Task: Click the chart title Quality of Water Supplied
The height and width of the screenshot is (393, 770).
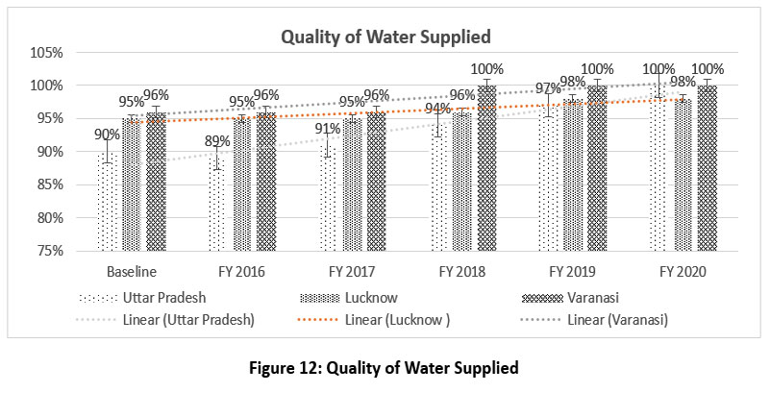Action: [x=385, y=37]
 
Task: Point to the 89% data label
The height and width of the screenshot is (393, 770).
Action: [x=217, y=142]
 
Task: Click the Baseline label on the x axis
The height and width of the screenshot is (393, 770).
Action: [x=132, y=272]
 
